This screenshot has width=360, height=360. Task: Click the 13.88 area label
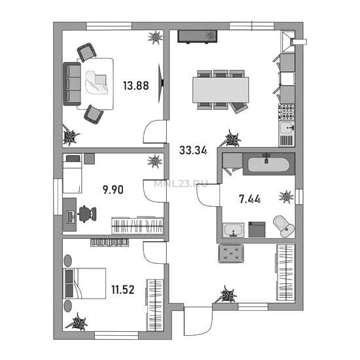click(x=136, y=86)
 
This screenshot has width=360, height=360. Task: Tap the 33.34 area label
click(x=193, y=151)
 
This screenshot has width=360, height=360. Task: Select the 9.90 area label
click(x=113, y=190)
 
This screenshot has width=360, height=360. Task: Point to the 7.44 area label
click(x=250, y=199)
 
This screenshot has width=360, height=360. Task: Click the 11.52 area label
click(x=123, y=290)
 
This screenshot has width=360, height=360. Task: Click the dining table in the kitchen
click(x=221, y=90)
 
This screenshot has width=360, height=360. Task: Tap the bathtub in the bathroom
click(x=268, y=164)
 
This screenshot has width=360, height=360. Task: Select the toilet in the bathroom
click(x=284, y=226)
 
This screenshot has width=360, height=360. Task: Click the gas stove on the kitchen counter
click(x=287, y=112)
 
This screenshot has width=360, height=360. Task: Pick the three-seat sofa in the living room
click(x=72, y=84)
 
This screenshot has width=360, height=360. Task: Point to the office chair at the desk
click(x=87, y=214)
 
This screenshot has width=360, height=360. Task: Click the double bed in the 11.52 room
click(x=84, y=283)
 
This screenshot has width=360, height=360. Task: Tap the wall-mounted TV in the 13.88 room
click(x=161, y=83)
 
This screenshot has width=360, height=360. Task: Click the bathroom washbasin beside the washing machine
click(x=233, y=230)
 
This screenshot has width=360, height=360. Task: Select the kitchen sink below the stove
click(x=287, y=128)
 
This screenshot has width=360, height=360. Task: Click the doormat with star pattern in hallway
click(x=231, y=253)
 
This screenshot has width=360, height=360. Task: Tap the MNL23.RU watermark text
click(x=181, y=184)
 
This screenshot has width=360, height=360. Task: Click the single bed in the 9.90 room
click(x=72, y=173)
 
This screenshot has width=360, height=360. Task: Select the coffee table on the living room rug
click(x=96, y=82)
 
